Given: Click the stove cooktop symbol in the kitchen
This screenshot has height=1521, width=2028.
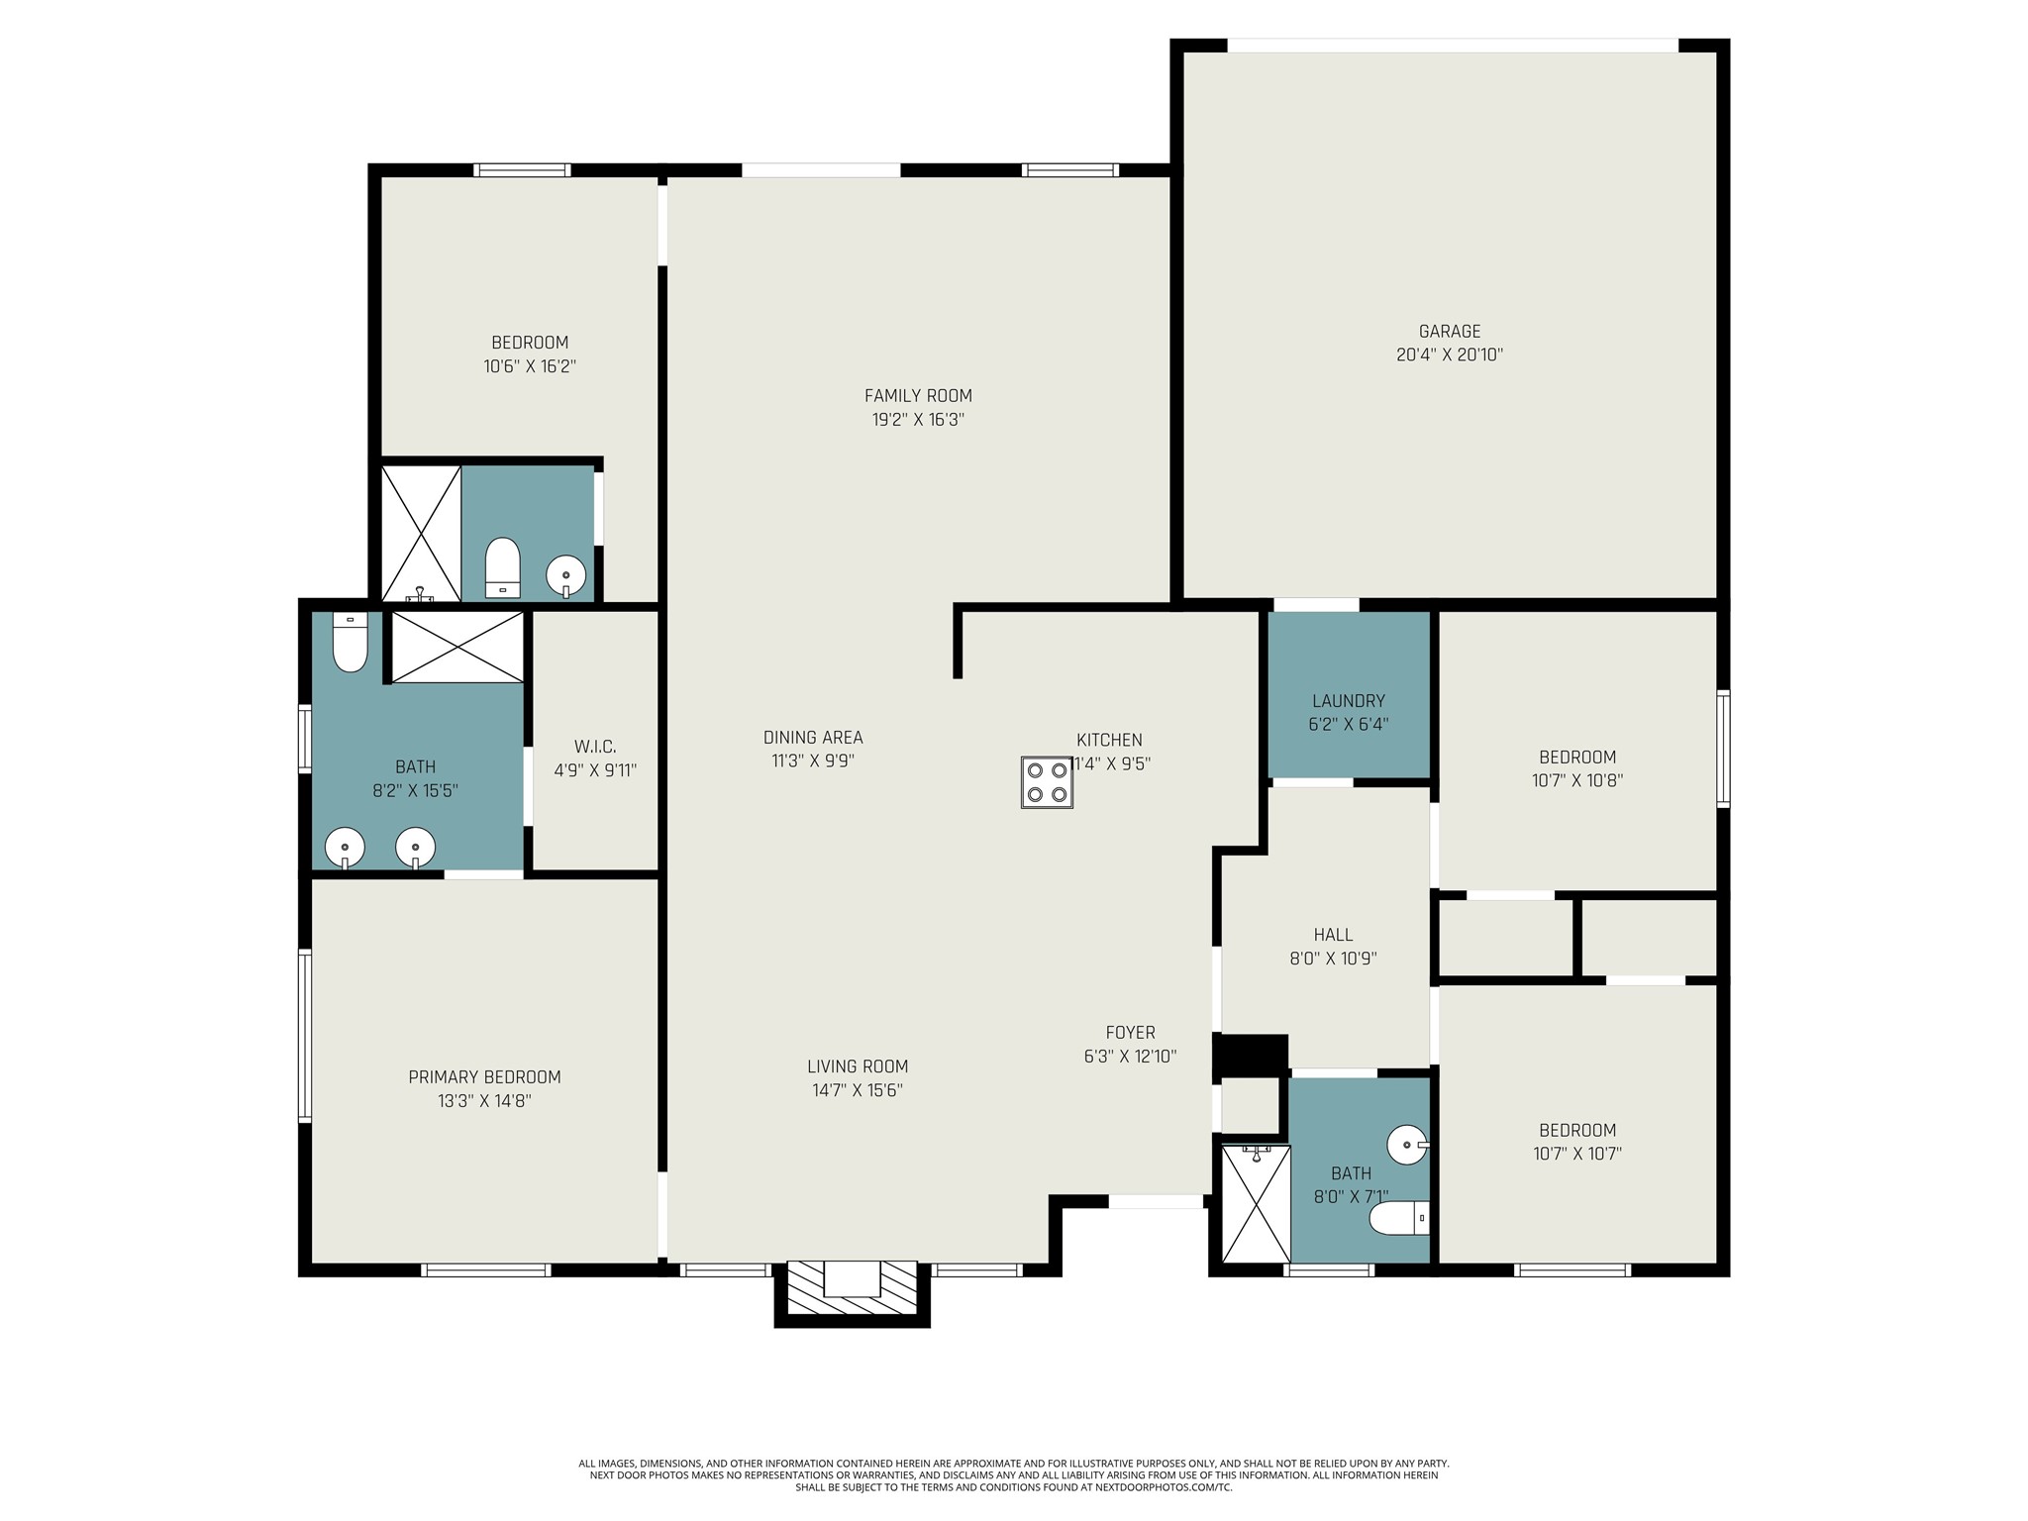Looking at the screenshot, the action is pyautogui.click(x=1048, y=782).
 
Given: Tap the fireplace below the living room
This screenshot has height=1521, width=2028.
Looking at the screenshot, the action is pyautogui.click(x=852, y=1293).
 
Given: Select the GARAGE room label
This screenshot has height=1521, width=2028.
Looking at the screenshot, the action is pyautogui.click(x=1450, y=332).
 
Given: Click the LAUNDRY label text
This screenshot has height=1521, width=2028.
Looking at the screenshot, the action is pyautogui.click(x=1348, y=701).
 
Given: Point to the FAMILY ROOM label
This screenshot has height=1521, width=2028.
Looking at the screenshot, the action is pyautogui.click(x=918, y=396).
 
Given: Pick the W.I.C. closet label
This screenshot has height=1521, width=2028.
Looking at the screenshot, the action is pyautogui.click(x=595, y=747).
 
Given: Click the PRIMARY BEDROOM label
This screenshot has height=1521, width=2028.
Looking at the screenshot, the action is pyautogui.click(x=484, y=1077).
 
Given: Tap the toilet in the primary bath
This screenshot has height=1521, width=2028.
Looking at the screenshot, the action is pyautogui.click(x=350, y=642).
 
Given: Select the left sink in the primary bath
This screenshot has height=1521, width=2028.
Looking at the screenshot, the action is pyautogui.click(x=345, y=849).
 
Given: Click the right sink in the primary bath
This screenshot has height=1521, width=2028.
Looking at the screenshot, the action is pyautogui.click(x=416, y=849).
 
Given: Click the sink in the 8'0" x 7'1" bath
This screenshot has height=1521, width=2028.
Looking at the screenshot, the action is pyautogui.click(x=1407, y=1145).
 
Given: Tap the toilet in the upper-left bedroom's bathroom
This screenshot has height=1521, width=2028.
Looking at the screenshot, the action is pyautogui.click(x=503, y=568).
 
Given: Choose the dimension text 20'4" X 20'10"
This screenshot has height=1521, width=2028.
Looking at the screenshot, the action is pyautogui.click(x=1450, y=355).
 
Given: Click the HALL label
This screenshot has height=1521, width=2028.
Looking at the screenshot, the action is pyautogui.click(x=1333, y=935).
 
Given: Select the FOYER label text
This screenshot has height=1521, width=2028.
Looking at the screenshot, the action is pyautogui.click(x=1130, y=1033).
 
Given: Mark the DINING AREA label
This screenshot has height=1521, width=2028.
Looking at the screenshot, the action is pyautogui.click(x=813, y=738).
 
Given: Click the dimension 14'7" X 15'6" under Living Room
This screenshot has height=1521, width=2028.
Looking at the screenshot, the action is pyautogui.click(x=858, y=1090).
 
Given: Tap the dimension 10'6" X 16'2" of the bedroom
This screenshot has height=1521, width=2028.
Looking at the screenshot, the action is pyautogui.click(x=530, y=366).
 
